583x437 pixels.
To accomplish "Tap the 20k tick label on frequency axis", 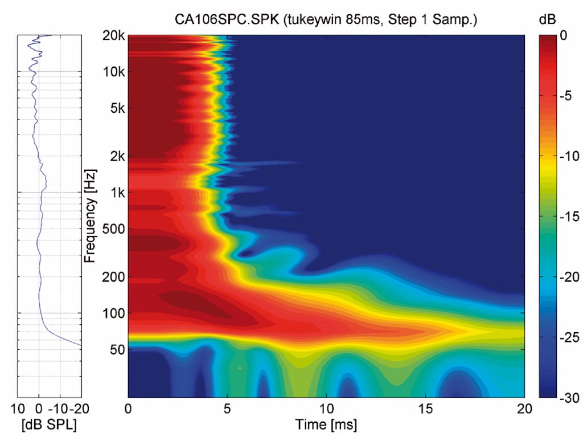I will [113, 35].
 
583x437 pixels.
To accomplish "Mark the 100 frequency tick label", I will [113, 313].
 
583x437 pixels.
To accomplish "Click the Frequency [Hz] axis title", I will [89, 216].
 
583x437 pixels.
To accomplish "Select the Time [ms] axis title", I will [326, 424].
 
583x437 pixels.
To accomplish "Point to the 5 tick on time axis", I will [227, 409].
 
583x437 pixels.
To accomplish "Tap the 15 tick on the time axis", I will [425, 409].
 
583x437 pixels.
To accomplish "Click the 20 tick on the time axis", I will [524, 409].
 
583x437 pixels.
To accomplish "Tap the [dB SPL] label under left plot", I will [48, 424].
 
